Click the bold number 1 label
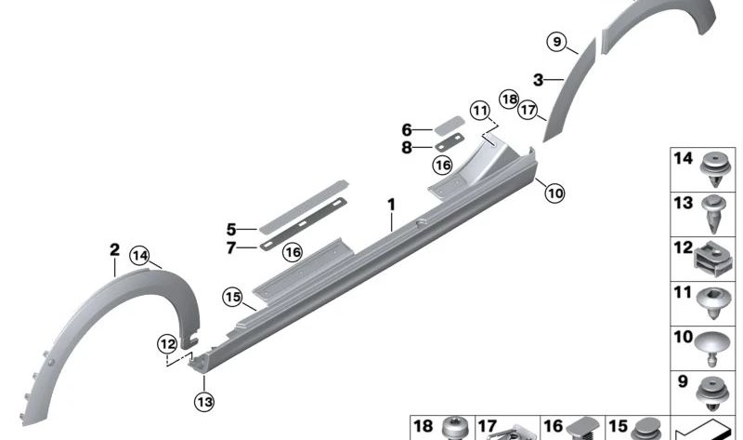[x=391, y=204]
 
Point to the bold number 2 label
[x=114, y=249]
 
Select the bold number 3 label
[x=537, y=80]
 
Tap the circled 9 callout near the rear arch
[x=556, y=42]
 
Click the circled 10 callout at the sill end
[x=554, y=193]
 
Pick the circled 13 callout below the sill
[x=203, y=401]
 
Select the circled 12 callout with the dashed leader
[x=167, y=344]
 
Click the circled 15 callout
[x=232, y=298]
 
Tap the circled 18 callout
[x=508, y=99]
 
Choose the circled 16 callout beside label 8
[x=442, y=165]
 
